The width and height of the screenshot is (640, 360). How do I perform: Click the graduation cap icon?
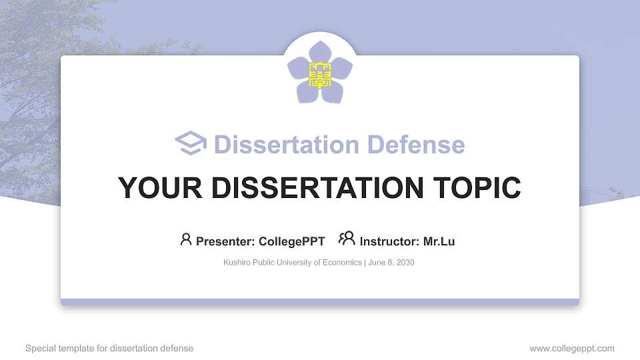tap(191, 143)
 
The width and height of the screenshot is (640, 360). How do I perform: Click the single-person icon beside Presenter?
tap(186, 239)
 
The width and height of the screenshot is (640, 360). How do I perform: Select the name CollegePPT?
tap(291, 241)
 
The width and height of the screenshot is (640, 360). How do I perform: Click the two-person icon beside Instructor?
tap(347, 239)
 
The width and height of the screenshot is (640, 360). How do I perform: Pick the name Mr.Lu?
tap(439, 241)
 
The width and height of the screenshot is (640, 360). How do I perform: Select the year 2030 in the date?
tap(405, 263)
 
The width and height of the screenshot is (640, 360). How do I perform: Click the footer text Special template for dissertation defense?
tap(109, 348)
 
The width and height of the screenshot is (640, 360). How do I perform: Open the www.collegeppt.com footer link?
tap(572, 348)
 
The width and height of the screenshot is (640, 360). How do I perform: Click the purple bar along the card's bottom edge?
tap(320, 302)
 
